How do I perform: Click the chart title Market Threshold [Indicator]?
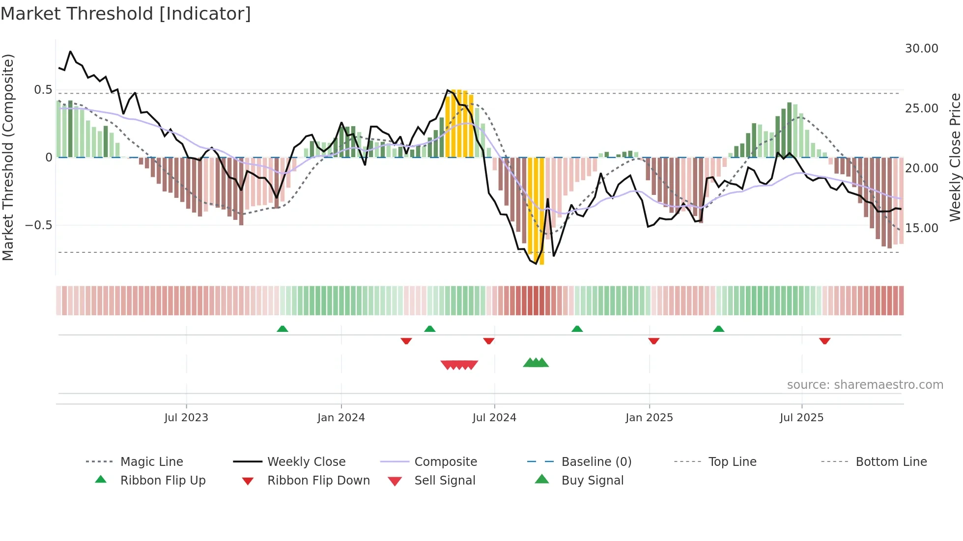click(126, 14)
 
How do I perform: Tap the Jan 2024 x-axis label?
click(341, 418)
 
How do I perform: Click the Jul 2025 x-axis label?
click(801, 418)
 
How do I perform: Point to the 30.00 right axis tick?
click(921, 49)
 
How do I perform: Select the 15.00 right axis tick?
click(921, 228)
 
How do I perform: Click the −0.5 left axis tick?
click(38, 225)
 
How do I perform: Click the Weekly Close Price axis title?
click(955, 157)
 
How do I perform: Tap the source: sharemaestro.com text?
click(865, 385)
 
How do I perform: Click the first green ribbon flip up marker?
click(283, 329)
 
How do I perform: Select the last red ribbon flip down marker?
click(824, 341)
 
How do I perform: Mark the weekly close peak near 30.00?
click(70, 52)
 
